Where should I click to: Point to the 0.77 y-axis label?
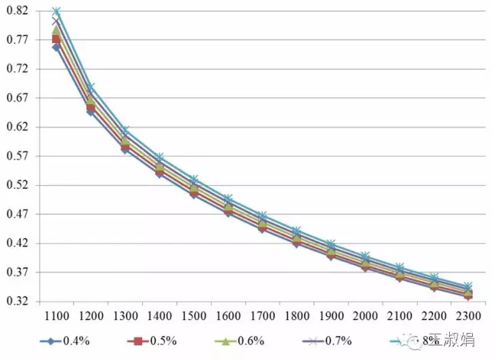click(x=18, y=40)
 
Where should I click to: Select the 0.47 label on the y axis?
click(x=18, y=215)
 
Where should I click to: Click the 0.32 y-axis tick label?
click(x=18, y=302)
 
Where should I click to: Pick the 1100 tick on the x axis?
click(x=56, y=316)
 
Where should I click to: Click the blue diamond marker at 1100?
click(x=56, y=48)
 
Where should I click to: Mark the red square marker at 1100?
click(x=56, y=38)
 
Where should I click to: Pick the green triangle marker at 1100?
click(x=56, y=31)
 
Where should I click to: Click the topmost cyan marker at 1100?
click(x=56, y=12)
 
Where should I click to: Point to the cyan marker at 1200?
click(x=90, y=87)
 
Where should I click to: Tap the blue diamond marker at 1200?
click(x=90, y=112)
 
